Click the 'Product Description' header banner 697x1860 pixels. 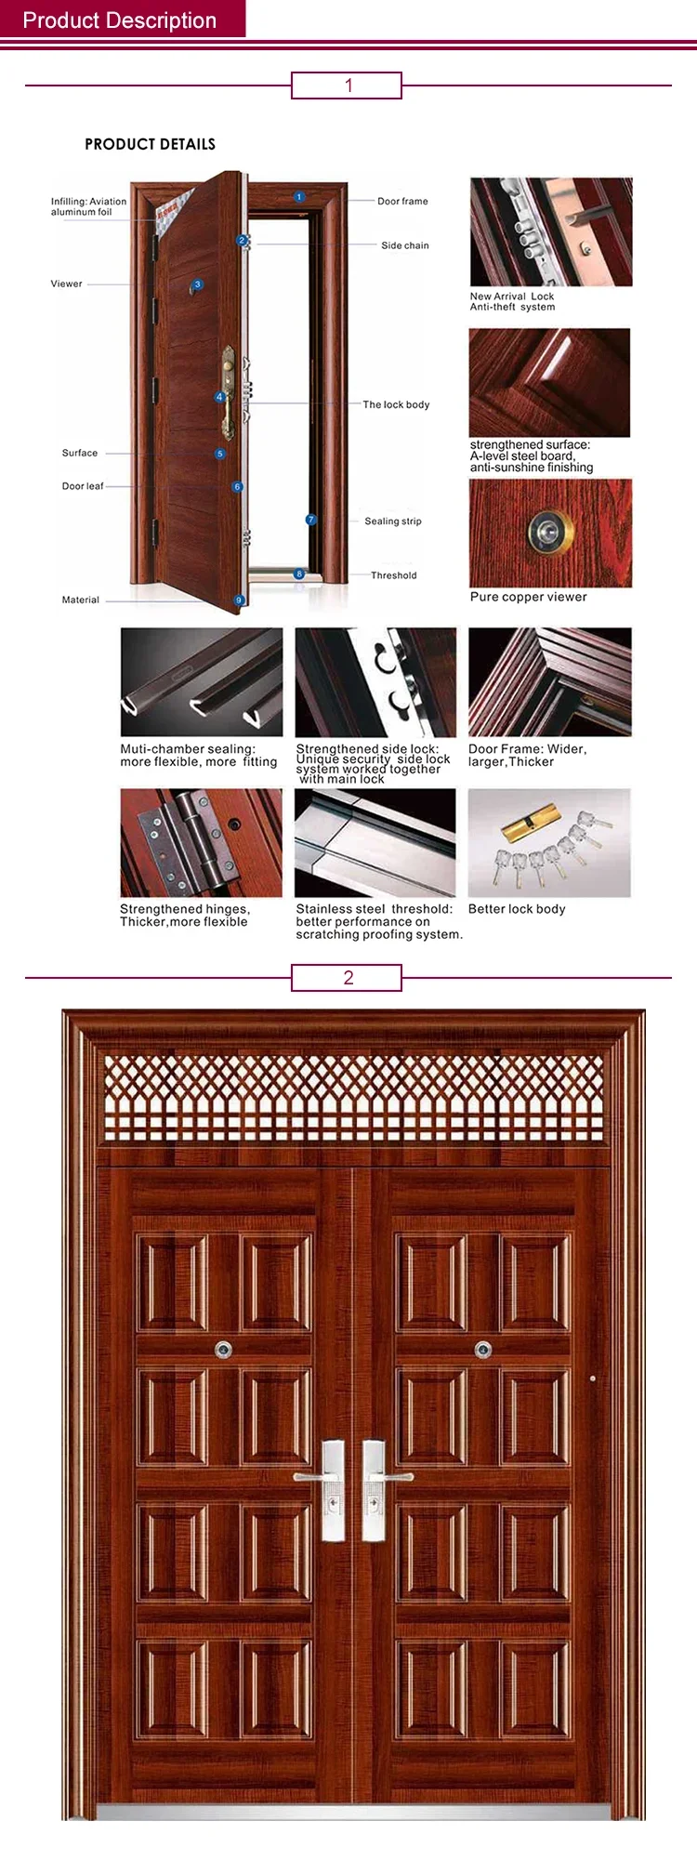(121, 20)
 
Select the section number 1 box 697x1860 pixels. (347, 86)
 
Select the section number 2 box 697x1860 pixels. (347, 978)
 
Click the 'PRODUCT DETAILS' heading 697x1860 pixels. (150, 144)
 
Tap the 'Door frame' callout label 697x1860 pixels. (402, 201)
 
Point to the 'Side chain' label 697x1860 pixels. (404, 245)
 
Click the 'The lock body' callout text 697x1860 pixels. (396, 404)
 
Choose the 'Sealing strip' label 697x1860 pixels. (392, 521)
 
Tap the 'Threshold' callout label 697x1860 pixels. (393, 575)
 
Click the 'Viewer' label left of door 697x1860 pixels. (66, 284)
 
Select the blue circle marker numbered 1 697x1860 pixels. (299, 197)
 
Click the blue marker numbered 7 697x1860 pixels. (311, 520)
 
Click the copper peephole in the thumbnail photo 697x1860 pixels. (545, 532)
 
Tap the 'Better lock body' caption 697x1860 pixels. (517, 909)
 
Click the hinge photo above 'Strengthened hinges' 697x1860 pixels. (201, 842)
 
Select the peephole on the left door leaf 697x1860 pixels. (223, 1349)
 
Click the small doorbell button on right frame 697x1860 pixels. (593, 1378)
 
